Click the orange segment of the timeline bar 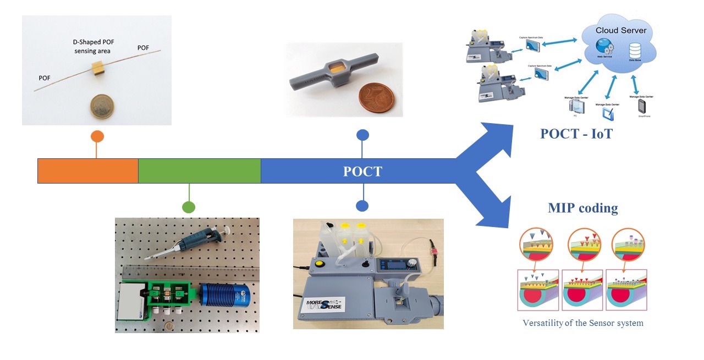tap(87, 171)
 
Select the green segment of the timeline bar tap(199, 171)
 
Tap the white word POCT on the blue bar tap(362, 171)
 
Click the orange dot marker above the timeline tap(97, 136)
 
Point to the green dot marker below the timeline tap(189, 207)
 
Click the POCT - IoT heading tap(576, 134)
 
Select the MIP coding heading tap(582, 208)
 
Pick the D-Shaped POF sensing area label tap(92, 46)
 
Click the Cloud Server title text tap(621, 30)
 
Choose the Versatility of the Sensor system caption tap(582, 323)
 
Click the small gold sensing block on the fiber tap(98, 69)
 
